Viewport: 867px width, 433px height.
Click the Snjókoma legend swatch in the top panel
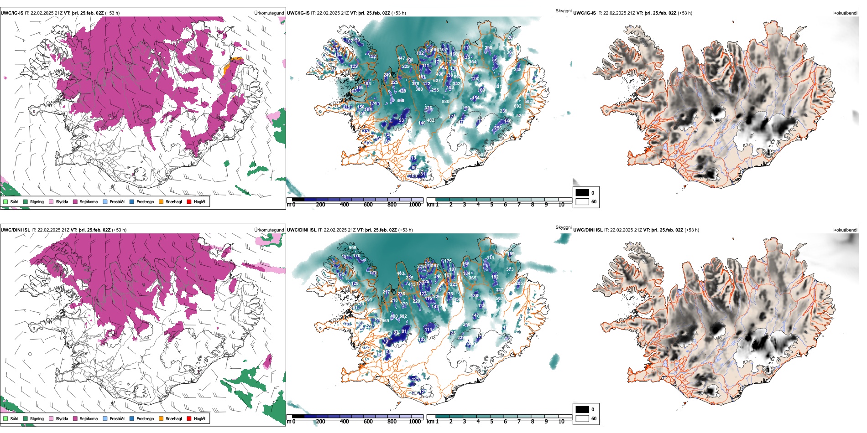(x=75, y=201)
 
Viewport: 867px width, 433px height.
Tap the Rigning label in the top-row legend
(x=37, y=202)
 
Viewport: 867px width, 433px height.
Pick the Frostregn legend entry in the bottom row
(x=145, y=419)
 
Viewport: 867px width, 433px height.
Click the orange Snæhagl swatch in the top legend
(x=161, y=201)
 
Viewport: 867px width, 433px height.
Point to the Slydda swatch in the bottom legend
(x=51, y=418)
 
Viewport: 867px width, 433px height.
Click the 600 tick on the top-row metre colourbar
(x=368, y=205)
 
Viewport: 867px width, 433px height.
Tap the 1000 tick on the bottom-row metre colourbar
(x=415, y=422)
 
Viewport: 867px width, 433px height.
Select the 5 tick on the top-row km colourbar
(x=491, y=205)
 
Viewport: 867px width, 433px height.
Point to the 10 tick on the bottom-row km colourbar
(x=561, y=422)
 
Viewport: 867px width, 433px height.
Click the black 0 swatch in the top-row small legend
(x=582, y=193)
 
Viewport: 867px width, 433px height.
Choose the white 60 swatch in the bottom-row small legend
(x=582, y=418)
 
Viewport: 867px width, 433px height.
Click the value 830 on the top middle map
(x=445, y=102)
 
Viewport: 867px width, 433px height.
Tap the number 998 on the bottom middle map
(x=352, y=248)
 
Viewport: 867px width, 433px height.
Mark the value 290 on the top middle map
(x=488, y=48)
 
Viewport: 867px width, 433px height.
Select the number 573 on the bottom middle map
(x=510, y=269)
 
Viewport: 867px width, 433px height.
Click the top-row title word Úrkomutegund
(x=269, y=13)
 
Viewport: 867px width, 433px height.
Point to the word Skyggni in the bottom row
(x=564, y=227)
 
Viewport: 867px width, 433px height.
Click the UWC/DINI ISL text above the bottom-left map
(x=15, y=230)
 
